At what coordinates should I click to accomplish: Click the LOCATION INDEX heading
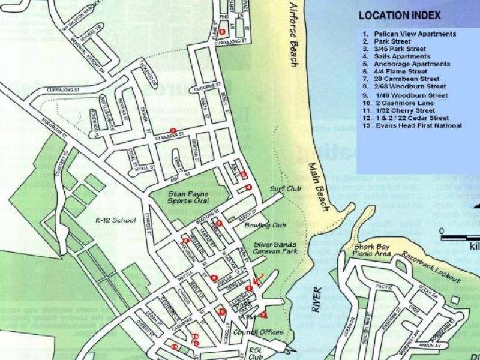(399, 16)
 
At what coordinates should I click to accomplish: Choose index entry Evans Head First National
(418, 126)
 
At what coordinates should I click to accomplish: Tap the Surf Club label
(285, 188)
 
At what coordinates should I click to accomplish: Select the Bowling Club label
(265, 226)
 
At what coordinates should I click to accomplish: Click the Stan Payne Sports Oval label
(188, 198)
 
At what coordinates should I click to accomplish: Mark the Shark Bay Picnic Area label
(373, 251)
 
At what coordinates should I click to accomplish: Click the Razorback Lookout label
(432, 268)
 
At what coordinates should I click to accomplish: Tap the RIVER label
(316, 299)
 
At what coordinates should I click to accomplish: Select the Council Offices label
(259, 332)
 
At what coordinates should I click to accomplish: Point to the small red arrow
(258, 280)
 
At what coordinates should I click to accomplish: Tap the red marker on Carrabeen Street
(173, 131)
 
